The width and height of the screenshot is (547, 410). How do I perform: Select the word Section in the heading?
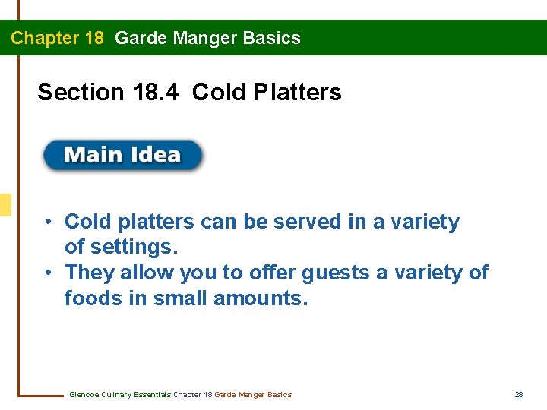81,93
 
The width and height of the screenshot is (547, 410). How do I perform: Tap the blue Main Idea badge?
122,155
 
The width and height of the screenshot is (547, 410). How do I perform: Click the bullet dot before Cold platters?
47,222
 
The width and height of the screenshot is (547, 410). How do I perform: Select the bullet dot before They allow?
47,272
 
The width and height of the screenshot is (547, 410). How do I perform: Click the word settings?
133,248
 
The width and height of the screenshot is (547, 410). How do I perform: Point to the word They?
88,272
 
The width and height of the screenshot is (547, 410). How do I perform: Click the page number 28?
519,394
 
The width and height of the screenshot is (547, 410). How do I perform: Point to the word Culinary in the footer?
119,394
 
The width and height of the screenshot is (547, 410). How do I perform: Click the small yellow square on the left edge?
5,205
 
